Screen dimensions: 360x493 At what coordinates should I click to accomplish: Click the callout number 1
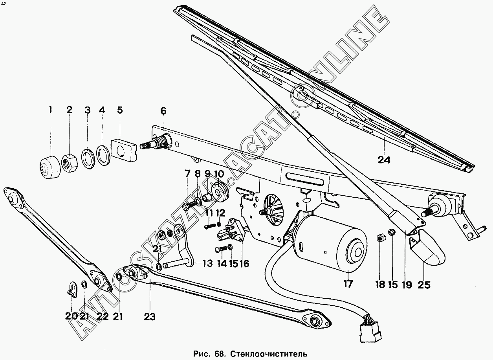(50, 110)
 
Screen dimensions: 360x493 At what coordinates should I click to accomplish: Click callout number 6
(163, 111)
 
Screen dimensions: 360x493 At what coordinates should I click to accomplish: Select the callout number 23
(150, 316)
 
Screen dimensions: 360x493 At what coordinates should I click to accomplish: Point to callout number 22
(103, 316)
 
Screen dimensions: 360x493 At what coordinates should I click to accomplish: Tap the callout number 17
(348, 284)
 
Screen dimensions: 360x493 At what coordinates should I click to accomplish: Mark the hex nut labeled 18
(379, 238)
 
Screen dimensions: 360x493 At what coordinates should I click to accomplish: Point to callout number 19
(407, 285)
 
